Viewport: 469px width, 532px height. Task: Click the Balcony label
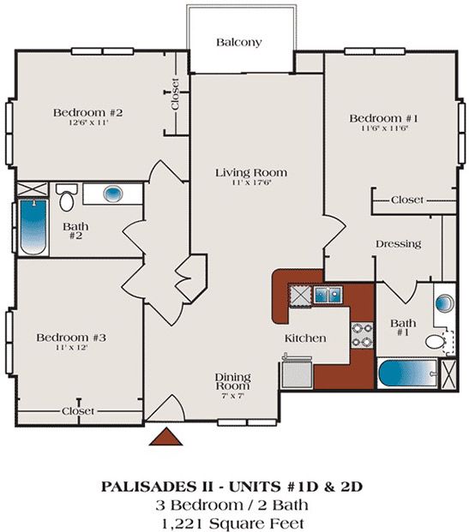click(x=238, y=42)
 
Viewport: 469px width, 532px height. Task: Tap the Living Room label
click(x=250, y=173)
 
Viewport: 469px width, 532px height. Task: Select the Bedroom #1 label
click(x=377, y=117)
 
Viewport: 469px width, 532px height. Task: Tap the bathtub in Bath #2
click(x=33, y=226)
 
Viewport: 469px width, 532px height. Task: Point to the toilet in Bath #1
click(x=438, y=342)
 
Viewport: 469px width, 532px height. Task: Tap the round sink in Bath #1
click(x=444, y=303)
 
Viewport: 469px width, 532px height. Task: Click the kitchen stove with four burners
click(x=362, y=335)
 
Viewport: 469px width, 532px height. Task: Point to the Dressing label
click(x=398, y=244)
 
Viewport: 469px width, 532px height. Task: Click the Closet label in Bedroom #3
click(x=78, y=411)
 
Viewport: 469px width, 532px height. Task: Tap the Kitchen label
click(x=304, y=338)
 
